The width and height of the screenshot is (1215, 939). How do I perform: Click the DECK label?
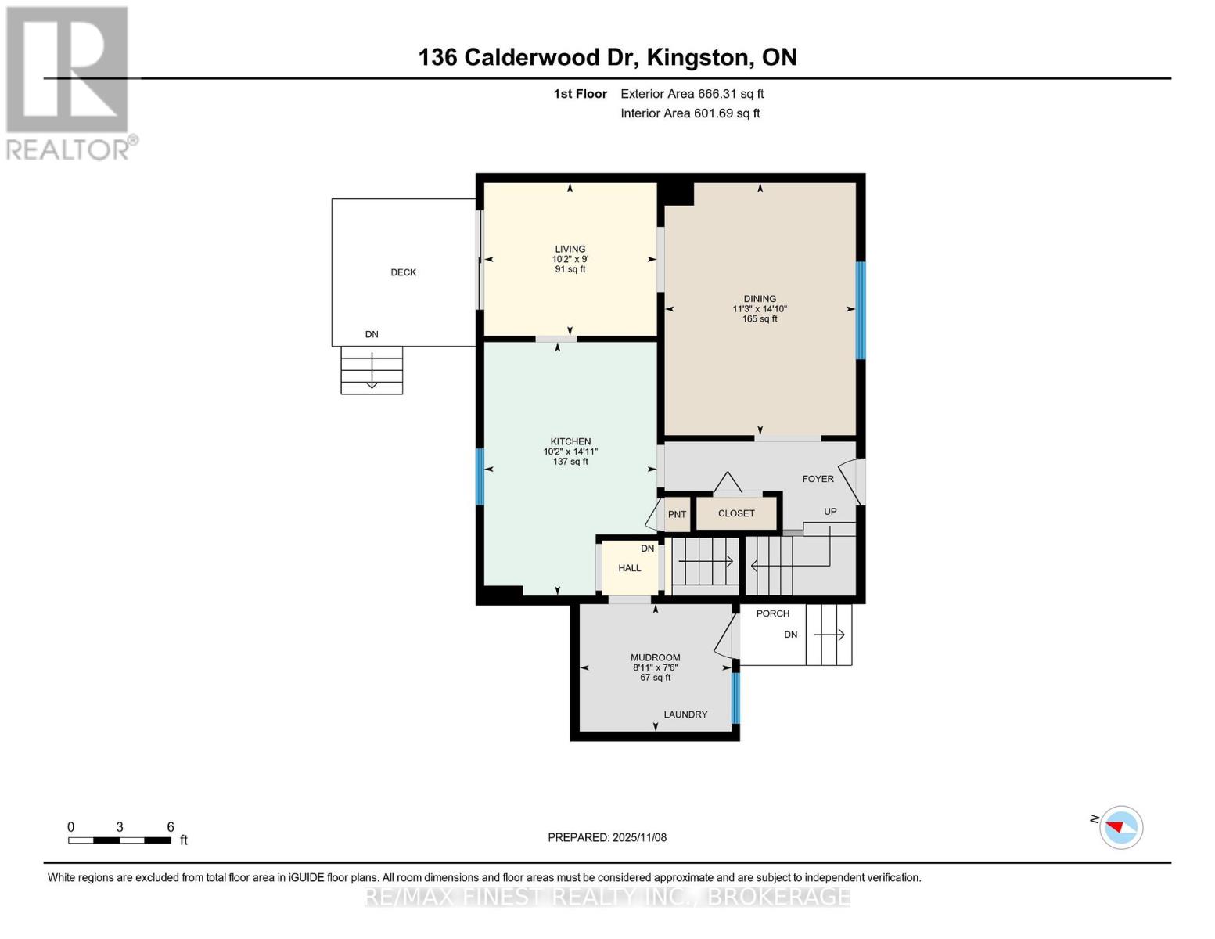click(403, 272)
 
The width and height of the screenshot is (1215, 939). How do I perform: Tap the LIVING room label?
click(570, 249)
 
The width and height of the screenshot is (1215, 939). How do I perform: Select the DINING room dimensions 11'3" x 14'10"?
click(760, 309)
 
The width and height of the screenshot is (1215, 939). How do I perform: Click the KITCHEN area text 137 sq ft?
click(570, 462)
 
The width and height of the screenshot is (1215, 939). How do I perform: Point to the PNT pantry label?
click(677, 514)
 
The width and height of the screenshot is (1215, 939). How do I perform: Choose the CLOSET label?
click(736, 513)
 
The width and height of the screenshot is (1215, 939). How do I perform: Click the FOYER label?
click(818, 479)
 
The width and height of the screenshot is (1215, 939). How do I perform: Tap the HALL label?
click(629, 567)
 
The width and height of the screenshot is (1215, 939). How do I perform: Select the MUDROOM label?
click(656, 657)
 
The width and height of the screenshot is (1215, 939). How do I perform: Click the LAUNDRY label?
click(685, 714)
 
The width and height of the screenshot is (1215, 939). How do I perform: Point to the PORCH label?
click(773, 613)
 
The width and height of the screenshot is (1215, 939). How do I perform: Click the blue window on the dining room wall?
click(861, 310)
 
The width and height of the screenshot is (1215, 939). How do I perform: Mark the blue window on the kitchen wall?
click(480, 477)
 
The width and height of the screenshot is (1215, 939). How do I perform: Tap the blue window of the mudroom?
click(736, 698)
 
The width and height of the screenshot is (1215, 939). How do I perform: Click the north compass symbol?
click(1120, 827)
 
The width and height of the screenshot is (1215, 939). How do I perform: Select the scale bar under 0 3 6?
click(120, 840)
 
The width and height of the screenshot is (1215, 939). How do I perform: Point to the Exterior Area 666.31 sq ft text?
click(692, 94)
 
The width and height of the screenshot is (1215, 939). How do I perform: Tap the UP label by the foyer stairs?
click(830, 511)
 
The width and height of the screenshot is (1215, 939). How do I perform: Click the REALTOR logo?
click(68, 84)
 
